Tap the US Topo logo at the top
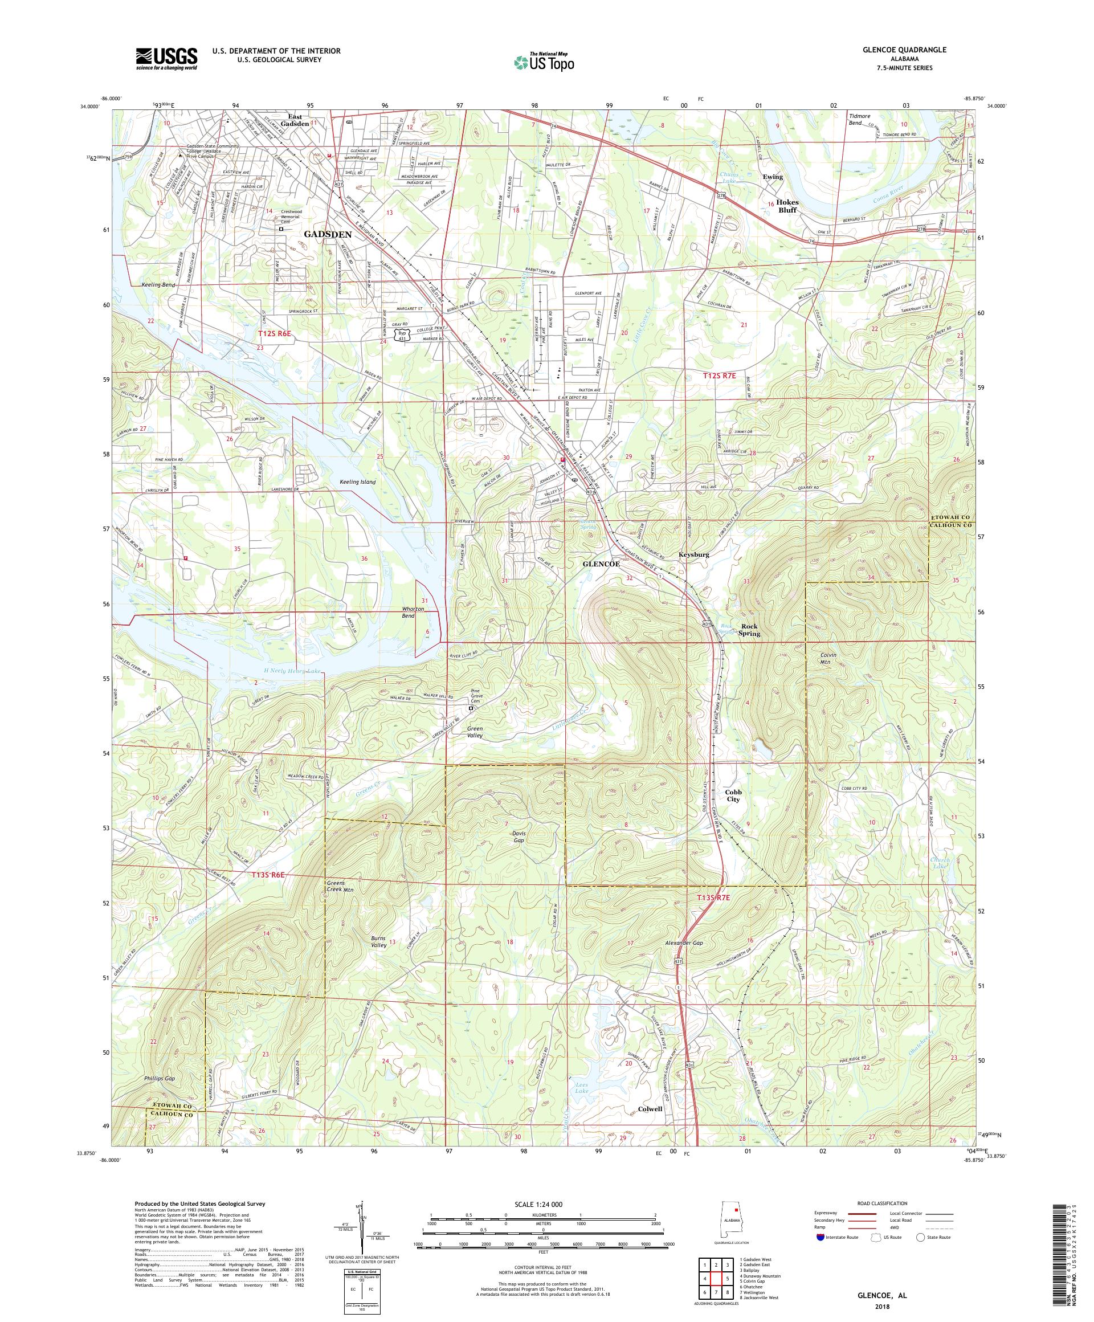(545, 62)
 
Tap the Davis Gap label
(518, 837)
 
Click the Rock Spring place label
(750, 630)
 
